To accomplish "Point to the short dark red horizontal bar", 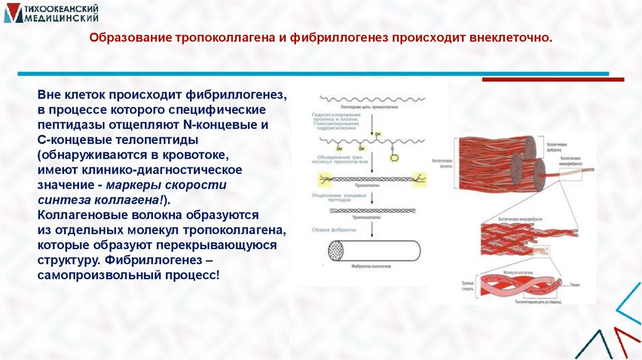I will tap(552, 80).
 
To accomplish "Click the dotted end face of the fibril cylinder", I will tap(337, 251).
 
